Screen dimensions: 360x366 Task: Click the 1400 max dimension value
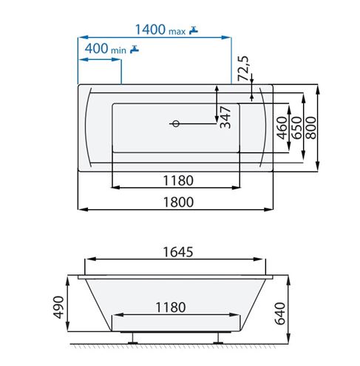[x=150, y=30]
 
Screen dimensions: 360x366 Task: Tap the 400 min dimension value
[x=96, y=49]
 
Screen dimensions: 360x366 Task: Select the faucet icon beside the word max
[x=194, y=30]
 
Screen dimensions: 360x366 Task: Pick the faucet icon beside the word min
[x=135, y=49]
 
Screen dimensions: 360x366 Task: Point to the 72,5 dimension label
[x=243, y=68]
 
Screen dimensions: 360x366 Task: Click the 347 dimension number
[x=225, y=118]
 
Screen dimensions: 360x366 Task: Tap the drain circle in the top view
[x=176, y=123]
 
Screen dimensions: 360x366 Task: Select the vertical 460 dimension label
[x=282, y=128]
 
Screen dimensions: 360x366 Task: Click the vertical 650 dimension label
[x=296, y=128]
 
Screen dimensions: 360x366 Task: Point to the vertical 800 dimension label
[x=310, y=128]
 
